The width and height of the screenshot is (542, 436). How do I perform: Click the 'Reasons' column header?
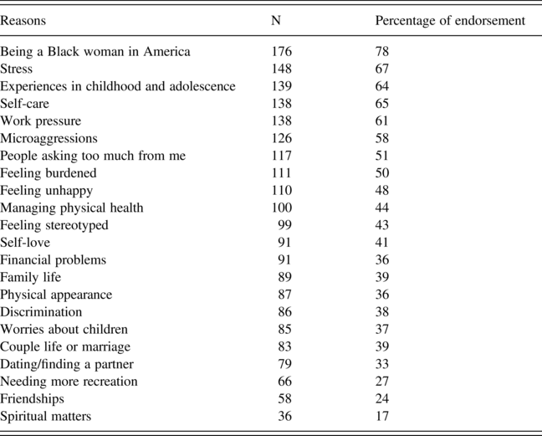pos(23,21)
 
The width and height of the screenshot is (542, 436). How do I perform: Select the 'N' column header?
pos(276,21)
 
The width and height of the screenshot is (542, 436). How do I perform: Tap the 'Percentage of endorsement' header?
pos(450,21)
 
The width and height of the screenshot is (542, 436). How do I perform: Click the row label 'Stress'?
pos(16,69)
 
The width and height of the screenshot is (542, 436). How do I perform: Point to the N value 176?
pos(282,52)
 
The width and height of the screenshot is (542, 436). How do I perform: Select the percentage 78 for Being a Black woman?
pos(382,52)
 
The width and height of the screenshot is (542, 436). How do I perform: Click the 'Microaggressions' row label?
pos(49,139)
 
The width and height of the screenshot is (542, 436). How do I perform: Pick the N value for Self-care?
pos(282,104)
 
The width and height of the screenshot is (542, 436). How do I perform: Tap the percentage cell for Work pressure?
pos(382,121)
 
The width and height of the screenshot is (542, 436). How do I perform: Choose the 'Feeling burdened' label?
pos(49,173)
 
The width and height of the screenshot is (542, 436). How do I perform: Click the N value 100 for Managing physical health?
pos(282,208)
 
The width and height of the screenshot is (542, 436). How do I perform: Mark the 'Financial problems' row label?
pos(54,259)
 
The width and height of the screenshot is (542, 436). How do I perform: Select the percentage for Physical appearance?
pos(382,295)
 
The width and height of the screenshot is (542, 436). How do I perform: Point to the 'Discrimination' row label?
pos(41,312)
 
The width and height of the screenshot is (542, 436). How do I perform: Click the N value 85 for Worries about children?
pos(285,329)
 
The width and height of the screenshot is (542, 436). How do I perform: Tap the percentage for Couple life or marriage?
pos(382,346)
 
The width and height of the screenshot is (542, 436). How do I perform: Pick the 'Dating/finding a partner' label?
pos(67,364)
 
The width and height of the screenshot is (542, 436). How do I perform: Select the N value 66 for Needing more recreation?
pos(285,382)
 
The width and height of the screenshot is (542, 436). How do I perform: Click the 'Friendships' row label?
pos(32,399)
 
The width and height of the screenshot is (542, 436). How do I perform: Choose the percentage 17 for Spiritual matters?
pos(382,416)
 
